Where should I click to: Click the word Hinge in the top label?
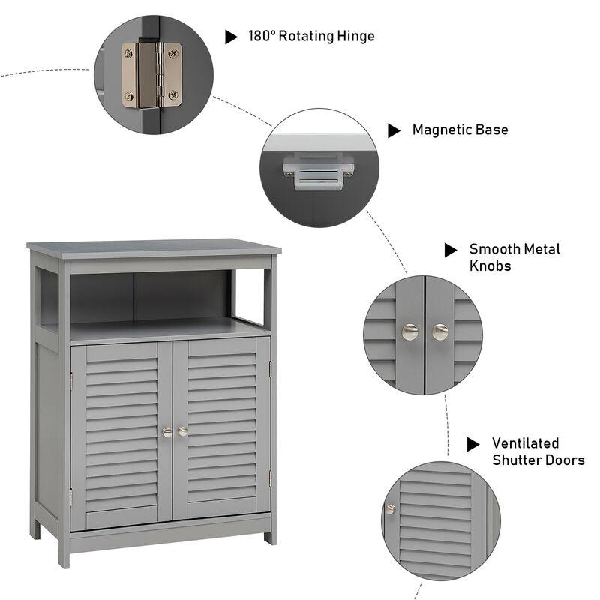pyautogui.click(x=352, y=36)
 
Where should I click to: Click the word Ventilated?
pyautogui.click(x=525, y=443)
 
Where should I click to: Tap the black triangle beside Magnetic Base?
pyautogui.click(x=394, y=130)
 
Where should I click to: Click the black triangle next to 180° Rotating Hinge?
pyautogui.click(x=232, y=37)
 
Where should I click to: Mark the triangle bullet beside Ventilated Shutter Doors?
pyautogui.click(x=473, y=444)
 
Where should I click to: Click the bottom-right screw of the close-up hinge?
pyautogui.click(x=173, y=95)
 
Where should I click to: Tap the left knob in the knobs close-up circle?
pyautogui.click(x=409, y=331)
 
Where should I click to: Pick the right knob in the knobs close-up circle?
pyautogui.click(x=439, y=331)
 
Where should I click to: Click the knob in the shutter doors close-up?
pyautogui.click(x=390, y=509)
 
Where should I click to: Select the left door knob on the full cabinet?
pyautogui.click(x=166, y=431)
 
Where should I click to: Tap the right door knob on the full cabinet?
pyautogui.click(x=182, y=431)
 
